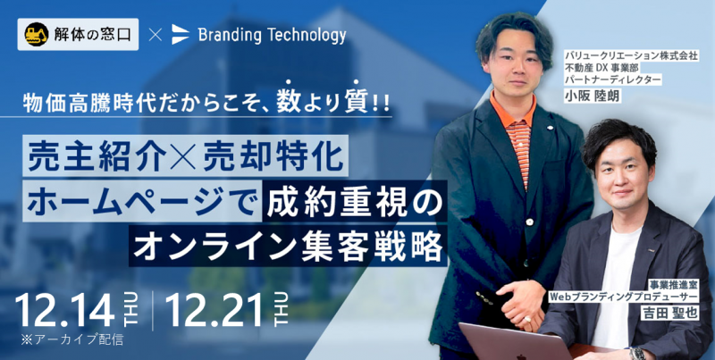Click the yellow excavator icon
click(x=37, y=34)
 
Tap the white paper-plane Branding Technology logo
click(x=181, y=35)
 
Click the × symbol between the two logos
click(x=155, y=35)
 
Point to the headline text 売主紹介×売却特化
click(x=185, y=155)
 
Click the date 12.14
click(x=65, y=310)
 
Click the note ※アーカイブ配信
click(x=71, y=341)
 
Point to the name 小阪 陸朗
click(x=592, y=96)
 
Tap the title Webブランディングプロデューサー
click(x=624, y=297)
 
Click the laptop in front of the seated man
click(x=516, y=341)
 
